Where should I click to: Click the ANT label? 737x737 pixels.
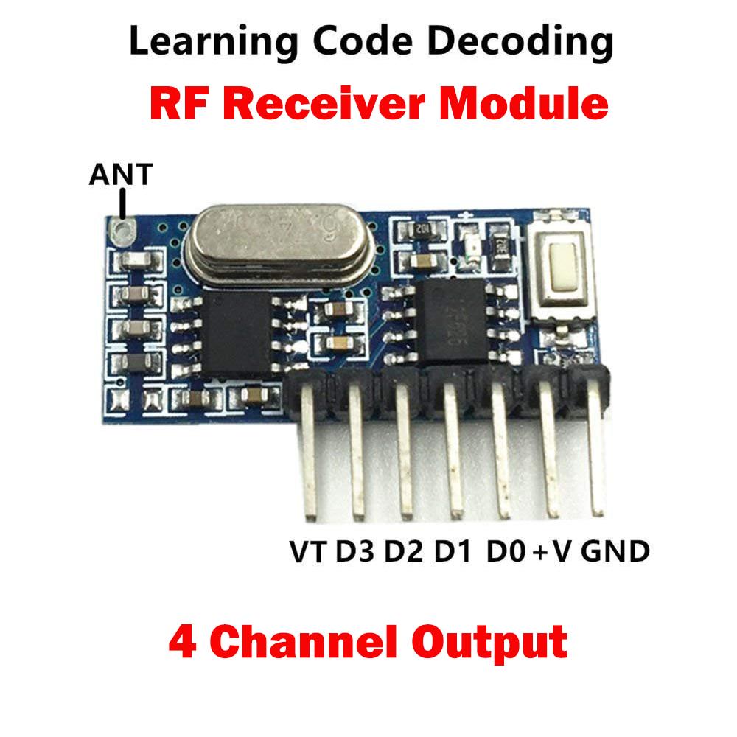(x=121, y=175)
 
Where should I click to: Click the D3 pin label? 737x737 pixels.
(x=357, y=551)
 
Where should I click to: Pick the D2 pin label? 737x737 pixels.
(x=404, y=551)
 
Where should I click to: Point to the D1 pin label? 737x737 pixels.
(x=452, y=551)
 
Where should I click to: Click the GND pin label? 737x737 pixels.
(x=615, y=551)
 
